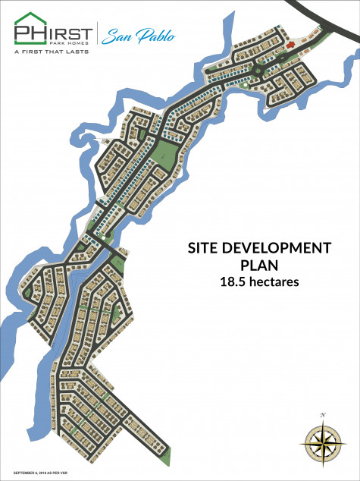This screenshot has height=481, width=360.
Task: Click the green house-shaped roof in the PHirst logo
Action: click(x=29, y=17)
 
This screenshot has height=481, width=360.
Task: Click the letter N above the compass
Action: click(x=322, y=414)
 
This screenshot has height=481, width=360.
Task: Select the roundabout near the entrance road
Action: click(x=258, y=71)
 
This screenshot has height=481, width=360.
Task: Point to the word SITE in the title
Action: click(x=204, y=249)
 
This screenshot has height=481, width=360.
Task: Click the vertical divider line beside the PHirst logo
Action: click(x=96, y=35)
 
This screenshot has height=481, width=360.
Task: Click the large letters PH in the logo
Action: click(x=29, y=33)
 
